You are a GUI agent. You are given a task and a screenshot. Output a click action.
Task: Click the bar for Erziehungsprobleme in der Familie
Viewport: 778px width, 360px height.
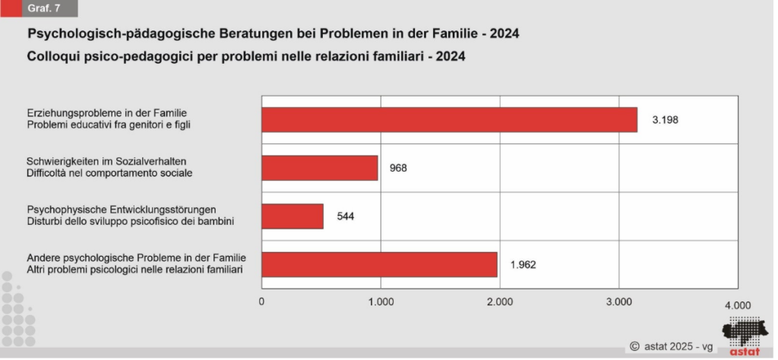[449, 120]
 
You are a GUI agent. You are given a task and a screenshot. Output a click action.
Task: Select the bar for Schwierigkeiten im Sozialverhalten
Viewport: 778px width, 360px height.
[319, 168]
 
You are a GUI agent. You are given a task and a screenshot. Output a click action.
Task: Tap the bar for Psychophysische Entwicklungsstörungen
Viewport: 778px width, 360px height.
[293, 216]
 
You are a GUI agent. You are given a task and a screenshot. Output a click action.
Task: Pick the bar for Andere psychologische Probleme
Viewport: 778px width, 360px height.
[379, 264]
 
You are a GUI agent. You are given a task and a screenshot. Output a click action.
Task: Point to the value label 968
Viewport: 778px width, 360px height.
[398, 168]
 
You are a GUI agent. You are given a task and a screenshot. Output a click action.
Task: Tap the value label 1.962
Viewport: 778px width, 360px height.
[524, 264]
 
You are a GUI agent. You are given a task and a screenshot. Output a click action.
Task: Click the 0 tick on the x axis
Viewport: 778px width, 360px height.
[262, 302]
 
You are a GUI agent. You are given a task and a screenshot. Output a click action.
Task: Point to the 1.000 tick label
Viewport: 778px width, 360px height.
[381, 302]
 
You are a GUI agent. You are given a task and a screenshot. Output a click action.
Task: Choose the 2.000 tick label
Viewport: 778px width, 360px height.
[500, 302]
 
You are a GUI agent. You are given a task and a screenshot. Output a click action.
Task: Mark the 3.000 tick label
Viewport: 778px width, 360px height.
[618, 302]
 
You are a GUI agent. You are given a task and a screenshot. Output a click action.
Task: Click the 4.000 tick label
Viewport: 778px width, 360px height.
[737, 305]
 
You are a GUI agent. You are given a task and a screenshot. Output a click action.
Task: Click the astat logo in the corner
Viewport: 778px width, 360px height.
[744, 335]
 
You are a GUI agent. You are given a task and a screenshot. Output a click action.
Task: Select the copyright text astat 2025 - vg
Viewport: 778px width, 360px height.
[672, 346]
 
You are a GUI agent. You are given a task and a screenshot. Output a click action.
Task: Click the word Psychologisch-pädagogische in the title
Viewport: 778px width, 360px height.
[103, 35]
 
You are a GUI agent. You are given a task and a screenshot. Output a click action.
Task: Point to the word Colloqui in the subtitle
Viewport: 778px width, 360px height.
[52, 56]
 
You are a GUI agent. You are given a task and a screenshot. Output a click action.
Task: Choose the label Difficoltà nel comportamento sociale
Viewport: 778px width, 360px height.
[109, 173]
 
